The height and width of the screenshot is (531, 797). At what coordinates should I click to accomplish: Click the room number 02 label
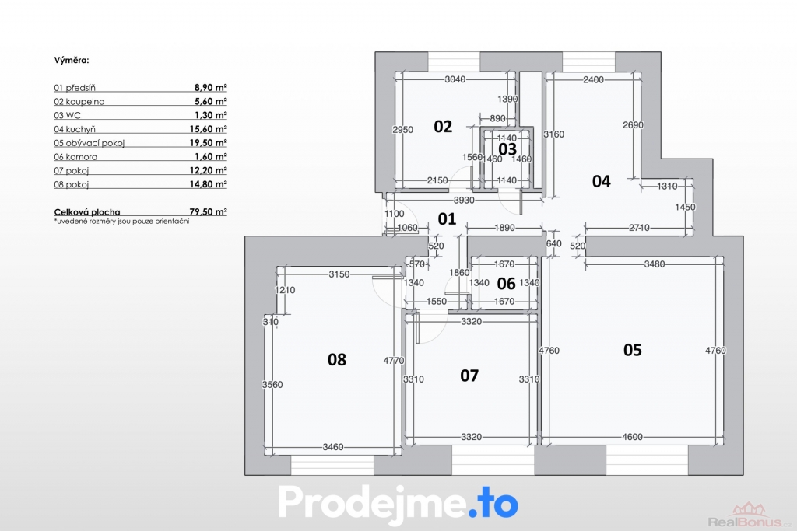click(x=443, y=127)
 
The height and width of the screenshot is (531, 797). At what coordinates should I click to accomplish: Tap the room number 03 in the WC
click(x=507, y=149)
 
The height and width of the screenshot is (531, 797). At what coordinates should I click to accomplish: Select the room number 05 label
click(x=632, y=350)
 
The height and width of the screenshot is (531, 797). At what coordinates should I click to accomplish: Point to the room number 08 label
click(x=336, y=360)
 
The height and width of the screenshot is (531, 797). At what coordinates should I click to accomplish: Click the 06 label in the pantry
click(x=506, y=283)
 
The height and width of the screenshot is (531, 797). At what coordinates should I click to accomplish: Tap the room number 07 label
click(x=469, y=376)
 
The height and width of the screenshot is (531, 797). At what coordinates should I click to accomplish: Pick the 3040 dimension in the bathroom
click(x=455, y=79)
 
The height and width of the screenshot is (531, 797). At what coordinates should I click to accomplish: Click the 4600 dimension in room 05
click(x=632, y=437)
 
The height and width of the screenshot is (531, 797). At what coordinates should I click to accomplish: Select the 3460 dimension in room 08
click(x=333, y=447)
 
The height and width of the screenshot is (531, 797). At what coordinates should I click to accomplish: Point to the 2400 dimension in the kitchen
click(x=593, y=80)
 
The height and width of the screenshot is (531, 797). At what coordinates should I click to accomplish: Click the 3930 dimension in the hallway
click(x=464, y=201)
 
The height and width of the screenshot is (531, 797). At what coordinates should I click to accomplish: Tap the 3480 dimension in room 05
click(x=654, y=264)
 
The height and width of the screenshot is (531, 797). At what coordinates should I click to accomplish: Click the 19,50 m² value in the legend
click(x=209, y=142)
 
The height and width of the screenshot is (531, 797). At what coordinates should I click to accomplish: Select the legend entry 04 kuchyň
click(x=75, y=130)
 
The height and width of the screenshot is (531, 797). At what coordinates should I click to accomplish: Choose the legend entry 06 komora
click(x=75, y=157)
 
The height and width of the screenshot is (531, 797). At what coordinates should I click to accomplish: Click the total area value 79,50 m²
click(x=209, y=211)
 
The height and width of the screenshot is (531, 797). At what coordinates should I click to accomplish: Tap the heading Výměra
click(x=72, y=60)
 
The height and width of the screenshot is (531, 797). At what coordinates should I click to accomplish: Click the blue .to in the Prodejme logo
click(x=493, y=502)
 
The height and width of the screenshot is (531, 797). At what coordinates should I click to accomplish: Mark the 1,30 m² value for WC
click(x=210, y=115)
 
